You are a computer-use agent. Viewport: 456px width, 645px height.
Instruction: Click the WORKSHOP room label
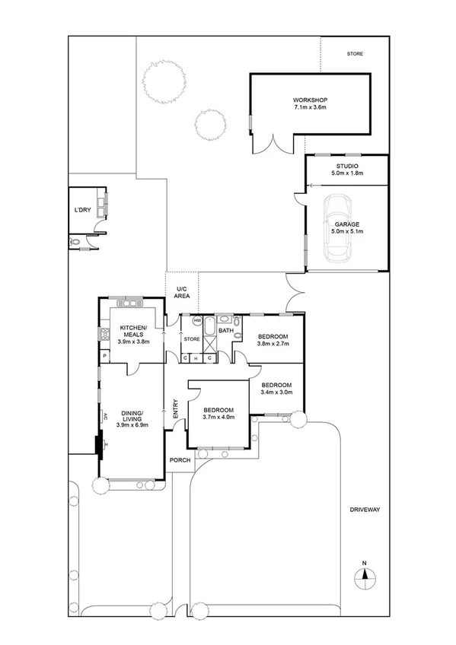(x=310, y=100)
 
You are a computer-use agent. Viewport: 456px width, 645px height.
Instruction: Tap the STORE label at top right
(x=355, y=54)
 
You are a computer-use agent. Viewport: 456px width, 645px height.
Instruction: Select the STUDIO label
(x=347, y=166)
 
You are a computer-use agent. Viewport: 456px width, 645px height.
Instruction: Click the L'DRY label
(x=82, y=209)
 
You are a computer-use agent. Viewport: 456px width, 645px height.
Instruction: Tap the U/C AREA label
(x=183, y=292)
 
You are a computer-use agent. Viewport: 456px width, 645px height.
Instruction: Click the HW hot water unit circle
(x=197, y=320)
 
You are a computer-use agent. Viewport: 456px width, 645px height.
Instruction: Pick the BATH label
(x=226, y=331)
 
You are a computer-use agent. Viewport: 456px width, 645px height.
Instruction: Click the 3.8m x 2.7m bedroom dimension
(x=273, y=344)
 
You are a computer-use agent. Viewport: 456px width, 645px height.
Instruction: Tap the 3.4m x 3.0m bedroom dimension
(x=276, y=392)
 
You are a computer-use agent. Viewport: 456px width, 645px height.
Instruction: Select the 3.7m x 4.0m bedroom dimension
(x=218, y=417)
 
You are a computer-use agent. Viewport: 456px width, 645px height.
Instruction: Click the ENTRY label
(x=175, y=409)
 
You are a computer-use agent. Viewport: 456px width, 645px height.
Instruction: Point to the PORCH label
(x=180, y=460)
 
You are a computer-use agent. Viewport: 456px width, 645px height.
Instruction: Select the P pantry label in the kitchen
(x=104, y=356)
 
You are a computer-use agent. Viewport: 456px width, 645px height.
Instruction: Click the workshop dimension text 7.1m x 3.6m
(x=310, y=108)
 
